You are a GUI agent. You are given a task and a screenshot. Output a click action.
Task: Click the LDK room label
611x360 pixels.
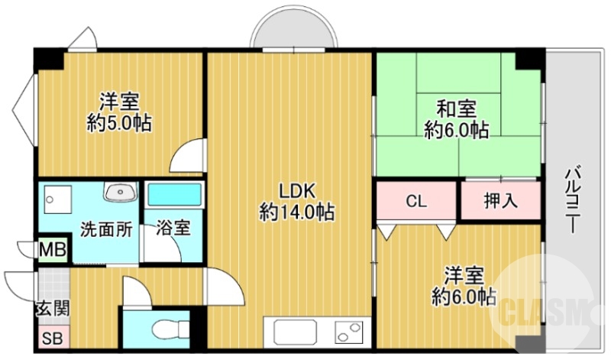pos(296,191)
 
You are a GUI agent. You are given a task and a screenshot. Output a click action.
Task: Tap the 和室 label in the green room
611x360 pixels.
pos(456,109)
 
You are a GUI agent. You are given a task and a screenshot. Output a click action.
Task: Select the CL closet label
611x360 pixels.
pos(416,201)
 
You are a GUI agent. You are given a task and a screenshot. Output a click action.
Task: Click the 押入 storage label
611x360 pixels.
pos(501,201)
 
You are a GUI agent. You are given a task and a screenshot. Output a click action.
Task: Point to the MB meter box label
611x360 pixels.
pos(53,249)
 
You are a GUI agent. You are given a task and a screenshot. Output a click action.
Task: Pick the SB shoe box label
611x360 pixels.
pos(52,338)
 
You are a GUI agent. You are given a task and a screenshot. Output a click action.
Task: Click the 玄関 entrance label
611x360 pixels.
pos(53,309)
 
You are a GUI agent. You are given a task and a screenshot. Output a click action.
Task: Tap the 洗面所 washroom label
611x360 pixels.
pos(106,229)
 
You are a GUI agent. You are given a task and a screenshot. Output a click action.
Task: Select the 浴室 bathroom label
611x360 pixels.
pos(173,228)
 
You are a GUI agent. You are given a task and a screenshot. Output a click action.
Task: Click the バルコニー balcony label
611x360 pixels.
pos(572,199)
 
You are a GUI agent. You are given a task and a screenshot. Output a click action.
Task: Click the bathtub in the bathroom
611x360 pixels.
pos(175,194)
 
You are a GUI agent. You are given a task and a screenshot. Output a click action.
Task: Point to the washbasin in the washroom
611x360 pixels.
pos(121,192)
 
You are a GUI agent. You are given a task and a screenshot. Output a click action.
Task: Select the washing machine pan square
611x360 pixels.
pos(58,199)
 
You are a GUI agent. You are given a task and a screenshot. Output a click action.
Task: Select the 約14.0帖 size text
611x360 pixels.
pos(296,212)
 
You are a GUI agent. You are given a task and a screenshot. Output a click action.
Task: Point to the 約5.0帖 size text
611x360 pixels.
pos(119,123)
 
